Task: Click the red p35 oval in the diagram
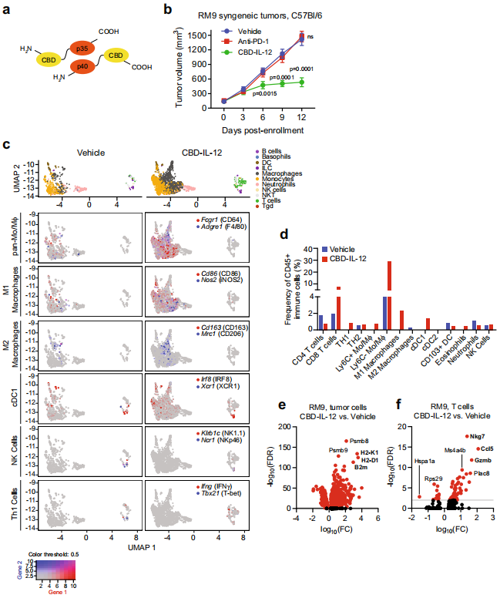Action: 79,48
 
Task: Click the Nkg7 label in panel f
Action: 469,415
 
